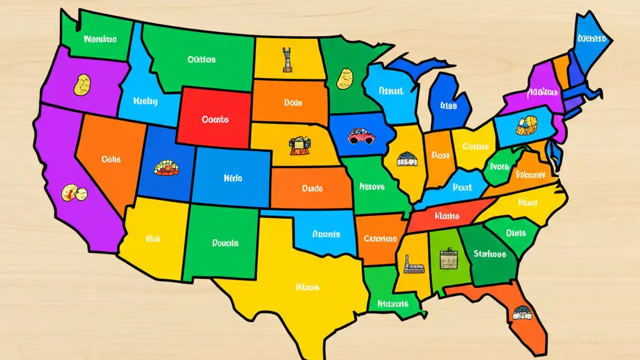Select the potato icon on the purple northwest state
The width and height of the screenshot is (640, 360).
coord(82,84)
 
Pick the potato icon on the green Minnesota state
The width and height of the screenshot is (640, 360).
coord(345,79)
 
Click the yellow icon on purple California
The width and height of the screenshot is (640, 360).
coord(73,192)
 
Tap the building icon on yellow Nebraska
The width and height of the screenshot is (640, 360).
coord(299,146)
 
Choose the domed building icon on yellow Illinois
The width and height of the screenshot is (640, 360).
coord(407,159)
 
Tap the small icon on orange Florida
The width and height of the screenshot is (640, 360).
coord(521,313)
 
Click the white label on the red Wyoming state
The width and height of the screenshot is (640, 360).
coord(215,120)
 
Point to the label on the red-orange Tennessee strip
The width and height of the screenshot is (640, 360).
coord(446,216)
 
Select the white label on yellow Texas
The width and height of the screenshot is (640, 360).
coord(307,287)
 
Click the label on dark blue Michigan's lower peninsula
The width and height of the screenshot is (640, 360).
coord(449,105)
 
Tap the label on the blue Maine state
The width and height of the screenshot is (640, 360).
coord(591,38)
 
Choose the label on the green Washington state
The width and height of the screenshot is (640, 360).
coord(100,38)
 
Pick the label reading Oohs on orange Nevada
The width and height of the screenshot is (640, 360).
coord(111,159)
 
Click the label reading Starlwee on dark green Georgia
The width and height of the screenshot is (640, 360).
coord(489,254)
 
